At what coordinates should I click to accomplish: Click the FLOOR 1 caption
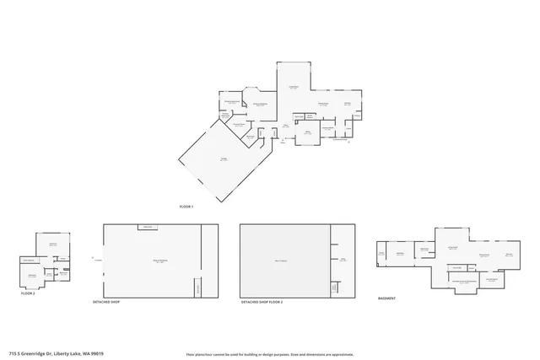point(186,207)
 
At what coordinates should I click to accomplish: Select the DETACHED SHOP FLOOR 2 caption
point(262,301)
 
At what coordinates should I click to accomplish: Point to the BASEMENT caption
point(387,298)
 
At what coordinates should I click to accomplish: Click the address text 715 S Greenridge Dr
point(50,354)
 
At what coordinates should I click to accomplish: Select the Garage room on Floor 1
point(224,159)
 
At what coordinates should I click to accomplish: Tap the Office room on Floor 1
point(308,132)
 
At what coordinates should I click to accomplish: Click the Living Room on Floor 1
point(294,87)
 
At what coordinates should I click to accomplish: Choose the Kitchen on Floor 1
point(347,104)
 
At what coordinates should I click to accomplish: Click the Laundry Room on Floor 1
point(328,128)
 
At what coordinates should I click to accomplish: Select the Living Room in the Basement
point(452,246)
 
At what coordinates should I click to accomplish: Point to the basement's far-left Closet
point(381,253)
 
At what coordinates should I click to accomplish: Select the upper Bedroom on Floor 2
point(53,244)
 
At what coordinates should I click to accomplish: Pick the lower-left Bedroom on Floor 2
point(32,275)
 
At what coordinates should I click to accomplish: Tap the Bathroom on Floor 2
point(63,272)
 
